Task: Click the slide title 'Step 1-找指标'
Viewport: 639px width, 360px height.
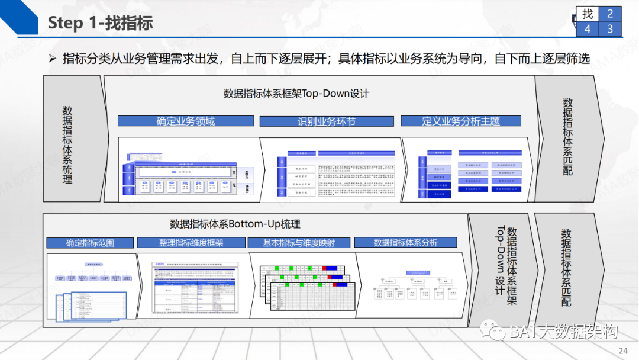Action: [x=100, y=22]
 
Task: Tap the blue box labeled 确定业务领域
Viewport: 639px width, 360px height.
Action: [x=186, y=121]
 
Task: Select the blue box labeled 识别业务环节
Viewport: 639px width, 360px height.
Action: [x=327, y=121]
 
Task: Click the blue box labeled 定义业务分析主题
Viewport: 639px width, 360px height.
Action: [x=461, y=121]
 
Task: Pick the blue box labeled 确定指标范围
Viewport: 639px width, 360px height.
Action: [x=90, y=243]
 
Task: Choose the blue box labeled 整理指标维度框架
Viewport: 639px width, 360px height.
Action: [x=192, y=243]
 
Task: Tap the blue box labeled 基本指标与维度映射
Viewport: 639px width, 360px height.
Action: [x=299, y=243]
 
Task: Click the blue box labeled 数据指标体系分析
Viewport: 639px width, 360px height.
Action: [x=405, y=242]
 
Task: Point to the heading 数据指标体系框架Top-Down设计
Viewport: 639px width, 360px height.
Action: [x=296, y=94]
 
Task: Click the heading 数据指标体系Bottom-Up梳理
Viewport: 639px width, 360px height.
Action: [x=235, y=224]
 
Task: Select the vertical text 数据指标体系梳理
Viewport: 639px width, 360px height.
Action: [x=67, y=144]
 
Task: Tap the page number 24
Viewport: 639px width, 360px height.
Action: [x=623, y=349]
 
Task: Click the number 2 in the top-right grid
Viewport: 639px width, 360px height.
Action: [x=610, y=14]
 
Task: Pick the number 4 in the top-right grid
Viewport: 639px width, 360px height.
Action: [x=588, y=28]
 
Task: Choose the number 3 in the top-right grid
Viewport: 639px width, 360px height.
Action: [x=610, y=28]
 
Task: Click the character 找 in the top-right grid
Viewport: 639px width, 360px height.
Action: [x=588, y=14]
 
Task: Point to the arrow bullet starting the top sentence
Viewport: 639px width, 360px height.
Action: [x=52, y=58]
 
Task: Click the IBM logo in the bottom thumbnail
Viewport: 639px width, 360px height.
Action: [x=158, y=263]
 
